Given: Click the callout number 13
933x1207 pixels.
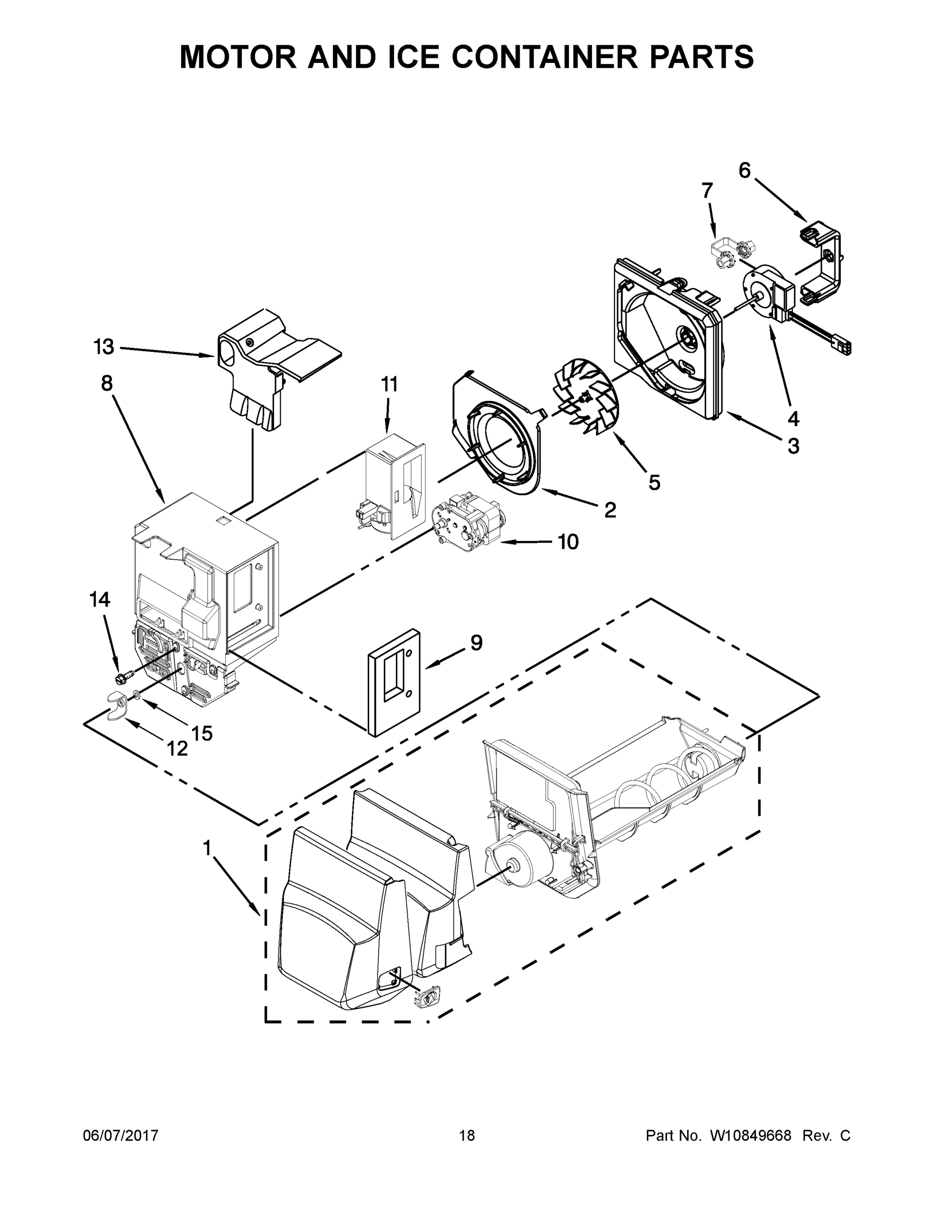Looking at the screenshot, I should [x=104, y=347].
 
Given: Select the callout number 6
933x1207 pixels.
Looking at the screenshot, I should [x=744, y=171].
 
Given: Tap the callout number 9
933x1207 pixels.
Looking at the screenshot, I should [x=476, y=642].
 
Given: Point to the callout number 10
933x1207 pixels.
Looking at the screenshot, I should [x=568, y=542].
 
